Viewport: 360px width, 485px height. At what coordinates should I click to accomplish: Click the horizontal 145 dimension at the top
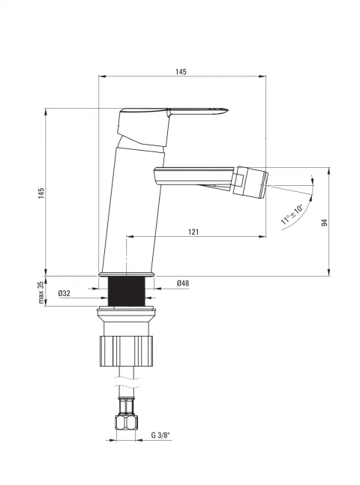[x=181, y=72]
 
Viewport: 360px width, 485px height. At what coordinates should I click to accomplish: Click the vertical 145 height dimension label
[x=41, y=193]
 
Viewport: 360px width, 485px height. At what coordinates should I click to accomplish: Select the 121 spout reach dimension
[x=193, y=232]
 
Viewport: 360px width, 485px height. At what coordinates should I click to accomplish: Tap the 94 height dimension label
[x=324, y=223]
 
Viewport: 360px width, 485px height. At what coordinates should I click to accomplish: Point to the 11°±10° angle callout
[x=292, y=214]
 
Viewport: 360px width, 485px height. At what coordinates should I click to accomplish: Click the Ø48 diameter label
[x=183, y=283]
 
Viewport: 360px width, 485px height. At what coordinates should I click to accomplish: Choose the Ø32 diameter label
[x=64, y=293]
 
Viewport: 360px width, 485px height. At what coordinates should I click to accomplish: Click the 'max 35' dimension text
[x=41, y=292]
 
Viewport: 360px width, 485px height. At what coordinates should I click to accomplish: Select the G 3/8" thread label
[x=161, y=436]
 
